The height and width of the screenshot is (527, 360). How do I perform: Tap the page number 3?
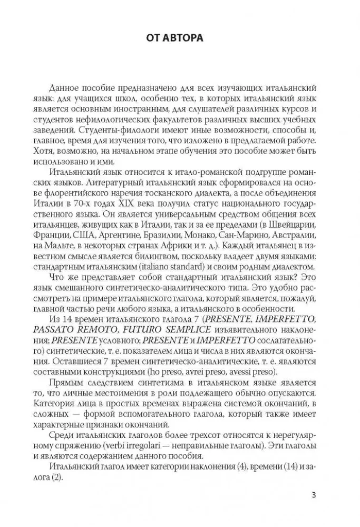tap(314, 495)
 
